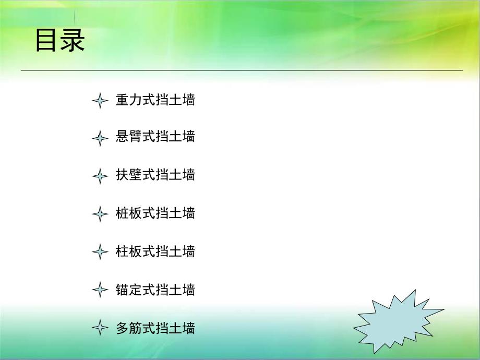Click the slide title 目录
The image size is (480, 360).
point(59,40)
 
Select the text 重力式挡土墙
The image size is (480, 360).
point(155,100)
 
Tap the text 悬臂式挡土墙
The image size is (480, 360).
point(155,137)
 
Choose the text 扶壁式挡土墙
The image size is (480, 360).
point(155,175)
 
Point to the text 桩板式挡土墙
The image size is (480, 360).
point(155,213)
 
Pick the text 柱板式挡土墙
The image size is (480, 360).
point(155,251)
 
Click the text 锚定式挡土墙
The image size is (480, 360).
point(155,290)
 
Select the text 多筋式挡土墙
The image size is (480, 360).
point(155,328)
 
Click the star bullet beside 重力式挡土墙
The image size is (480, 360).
point(100,100)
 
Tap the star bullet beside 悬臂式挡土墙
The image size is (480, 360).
point(100,138)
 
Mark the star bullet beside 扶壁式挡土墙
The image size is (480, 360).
point(100,176)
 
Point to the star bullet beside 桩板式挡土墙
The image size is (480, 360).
point(100,214)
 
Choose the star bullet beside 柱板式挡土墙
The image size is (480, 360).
point(100,252)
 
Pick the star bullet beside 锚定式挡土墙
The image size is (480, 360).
point(100,290)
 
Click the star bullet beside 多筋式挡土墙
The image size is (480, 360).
point(100,328)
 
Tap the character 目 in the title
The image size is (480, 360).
point(46,40)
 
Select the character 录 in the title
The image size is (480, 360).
point(73,40)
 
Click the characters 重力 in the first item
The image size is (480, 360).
point(129,100)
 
